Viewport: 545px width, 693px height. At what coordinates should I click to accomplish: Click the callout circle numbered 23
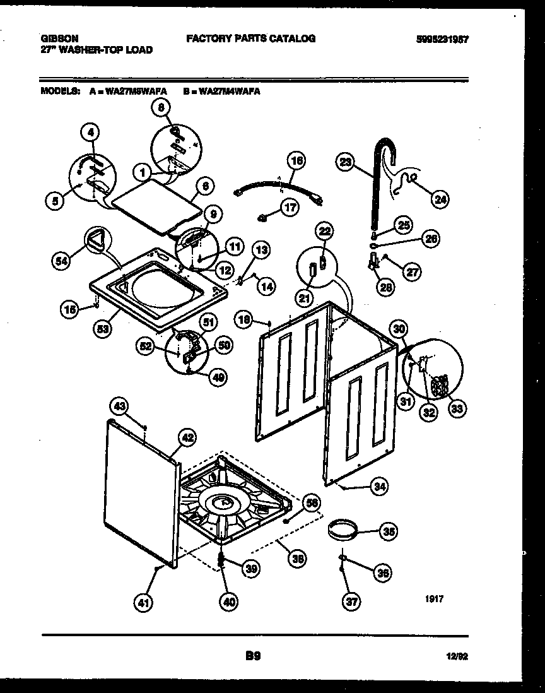(345, 162)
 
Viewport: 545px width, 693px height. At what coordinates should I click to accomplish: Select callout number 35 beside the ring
(390, 532)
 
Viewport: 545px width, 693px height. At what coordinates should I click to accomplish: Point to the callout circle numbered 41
(144, 603)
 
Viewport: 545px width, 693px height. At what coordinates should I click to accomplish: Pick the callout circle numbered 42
(187, 437)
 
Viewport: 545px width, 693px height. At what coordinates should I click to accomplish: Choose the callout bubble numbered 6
(206, 186)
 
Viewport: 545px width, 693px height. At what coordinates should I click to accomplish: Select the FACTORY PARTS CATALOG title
(250, 38)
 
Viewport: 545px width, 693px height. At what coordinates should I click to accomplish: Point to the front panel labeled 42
(140, 492)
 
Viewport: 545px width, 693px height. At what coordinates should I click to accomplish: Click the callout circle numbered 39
(251, 569)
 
